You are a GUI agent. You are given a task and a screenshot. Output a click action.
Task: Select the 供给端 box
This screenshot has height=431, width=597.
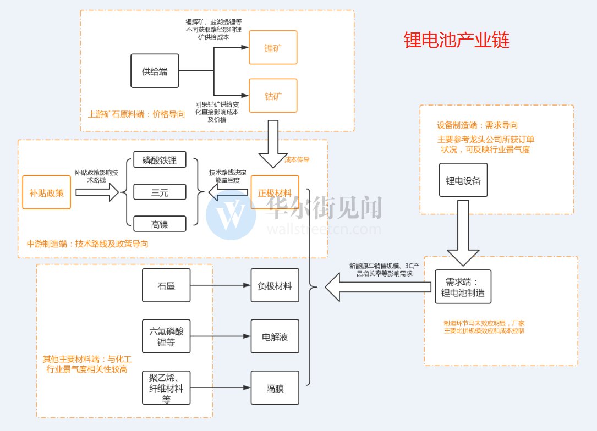155,71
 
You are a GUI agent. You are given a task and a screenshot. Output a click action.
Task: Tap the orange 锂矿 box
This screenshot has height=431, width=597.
273,47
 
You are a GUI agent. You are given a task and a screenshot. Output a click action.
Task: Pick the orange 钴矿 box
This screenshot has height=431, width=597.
273,96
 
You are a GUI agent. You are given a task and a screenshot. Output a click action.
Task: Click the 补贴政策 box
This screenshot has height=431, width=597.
47,192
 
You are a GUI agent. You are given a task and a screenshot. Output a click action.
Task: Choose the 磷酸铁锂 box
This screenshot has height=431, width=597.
160,161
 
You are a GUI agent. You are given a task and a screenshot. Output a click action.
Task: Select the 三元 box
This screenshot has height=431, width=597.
160,192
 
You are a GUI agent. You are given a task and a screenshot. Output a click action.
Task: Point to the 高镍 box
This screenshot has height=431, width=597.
160,224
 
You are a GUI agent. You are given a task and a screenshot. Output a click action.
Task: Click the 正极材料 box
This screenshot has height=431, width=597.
275,192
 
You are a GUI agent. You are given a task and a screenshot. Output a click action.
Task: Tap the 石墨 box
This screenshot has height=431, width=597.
166,285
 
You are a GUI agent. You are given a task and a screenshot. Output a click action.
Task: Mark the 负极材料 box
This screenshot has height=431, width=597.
275,285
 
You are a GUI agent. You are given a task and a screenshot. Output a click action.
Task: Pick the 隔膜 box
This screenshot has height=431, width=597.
275,388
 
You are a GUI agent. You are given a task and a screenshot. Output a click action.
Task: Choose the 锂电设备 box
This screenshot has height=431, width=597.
463,180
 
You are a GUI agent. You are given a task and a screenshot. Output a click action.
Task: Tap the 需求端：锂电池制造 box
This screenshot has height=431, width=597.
463,286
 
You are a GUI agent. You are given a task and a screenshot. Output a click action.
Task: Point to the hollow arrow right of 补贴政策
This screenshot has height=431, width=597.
97,192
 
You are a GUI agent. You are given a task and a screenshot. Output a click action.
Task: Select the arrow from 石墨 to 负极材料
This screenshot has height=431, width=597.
220,285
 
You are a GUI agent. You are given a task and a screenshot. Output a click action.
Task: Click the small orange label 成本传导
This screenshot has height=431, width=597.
298,159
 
